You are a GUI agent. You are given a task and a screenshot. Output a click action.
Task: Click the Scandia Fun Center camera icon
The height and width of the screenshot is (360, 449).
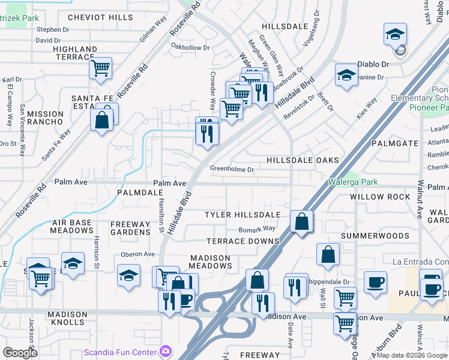point(166,350)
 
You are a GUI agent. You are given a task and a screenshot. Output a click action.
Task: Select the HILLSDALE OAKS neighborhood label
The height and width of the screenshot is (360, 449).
point(303,160)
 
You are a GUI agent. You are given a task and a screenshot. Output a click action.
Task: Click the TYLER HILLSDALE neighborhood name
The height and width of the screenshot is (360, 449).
point(243,215)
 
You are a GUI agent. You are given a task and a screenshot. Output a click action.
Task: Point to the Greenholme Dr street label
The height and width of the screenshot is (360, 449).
point(232,170)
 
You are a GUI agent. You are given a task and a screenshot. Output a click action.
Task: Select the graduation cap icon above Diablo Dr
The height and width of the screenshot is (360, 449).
point(396,34)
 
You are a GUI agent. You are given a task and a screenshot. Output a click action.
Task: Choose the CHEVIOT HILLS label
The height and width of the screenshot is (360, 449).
point(100,17)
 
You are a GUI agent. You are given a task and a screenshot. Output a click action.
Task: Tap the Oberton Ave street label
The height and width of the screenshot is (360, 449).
point(138,254)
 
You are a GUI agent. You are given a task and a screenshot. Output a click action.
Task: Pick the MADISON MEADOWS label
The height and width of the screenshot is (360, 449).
point(210,262)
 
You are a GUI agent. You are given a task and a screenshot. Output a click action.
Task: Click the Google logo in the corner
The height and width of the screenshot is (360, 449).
point(20,353)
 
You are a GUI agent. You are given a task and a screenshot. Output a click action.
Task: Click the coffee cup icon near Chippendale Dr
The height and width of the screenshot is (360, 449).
point(375,282)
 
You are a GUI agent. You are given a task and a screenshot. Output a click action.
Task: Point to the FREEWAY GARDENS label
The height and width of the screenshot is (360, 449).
point(130,228)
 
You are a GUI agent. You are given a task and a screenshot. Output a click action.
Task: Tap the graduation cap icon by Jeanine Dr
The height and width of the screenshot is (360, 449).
point(346,75)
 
